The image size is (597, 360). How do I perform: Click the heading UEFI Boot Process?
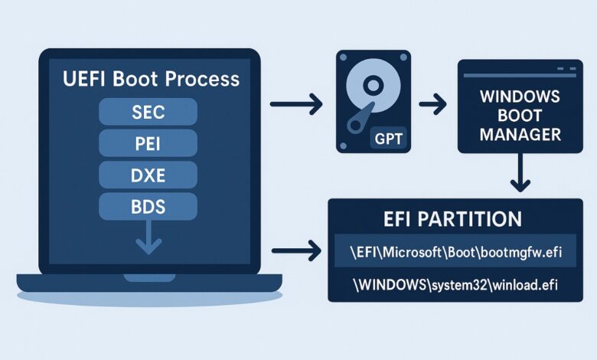(151, 78)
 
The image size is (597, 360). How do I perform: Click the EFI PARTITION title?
(455, 218)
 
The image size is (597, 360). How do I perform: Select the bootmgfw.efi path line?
(455, 250)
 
